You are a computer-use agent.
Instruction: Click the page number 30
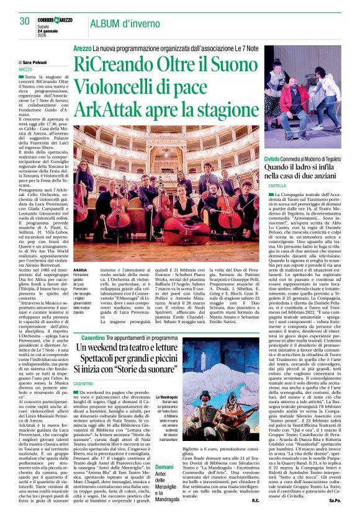click(25, 21)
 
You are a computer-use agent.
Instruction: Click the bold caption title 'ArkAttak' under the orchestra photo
click(80, 270)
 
